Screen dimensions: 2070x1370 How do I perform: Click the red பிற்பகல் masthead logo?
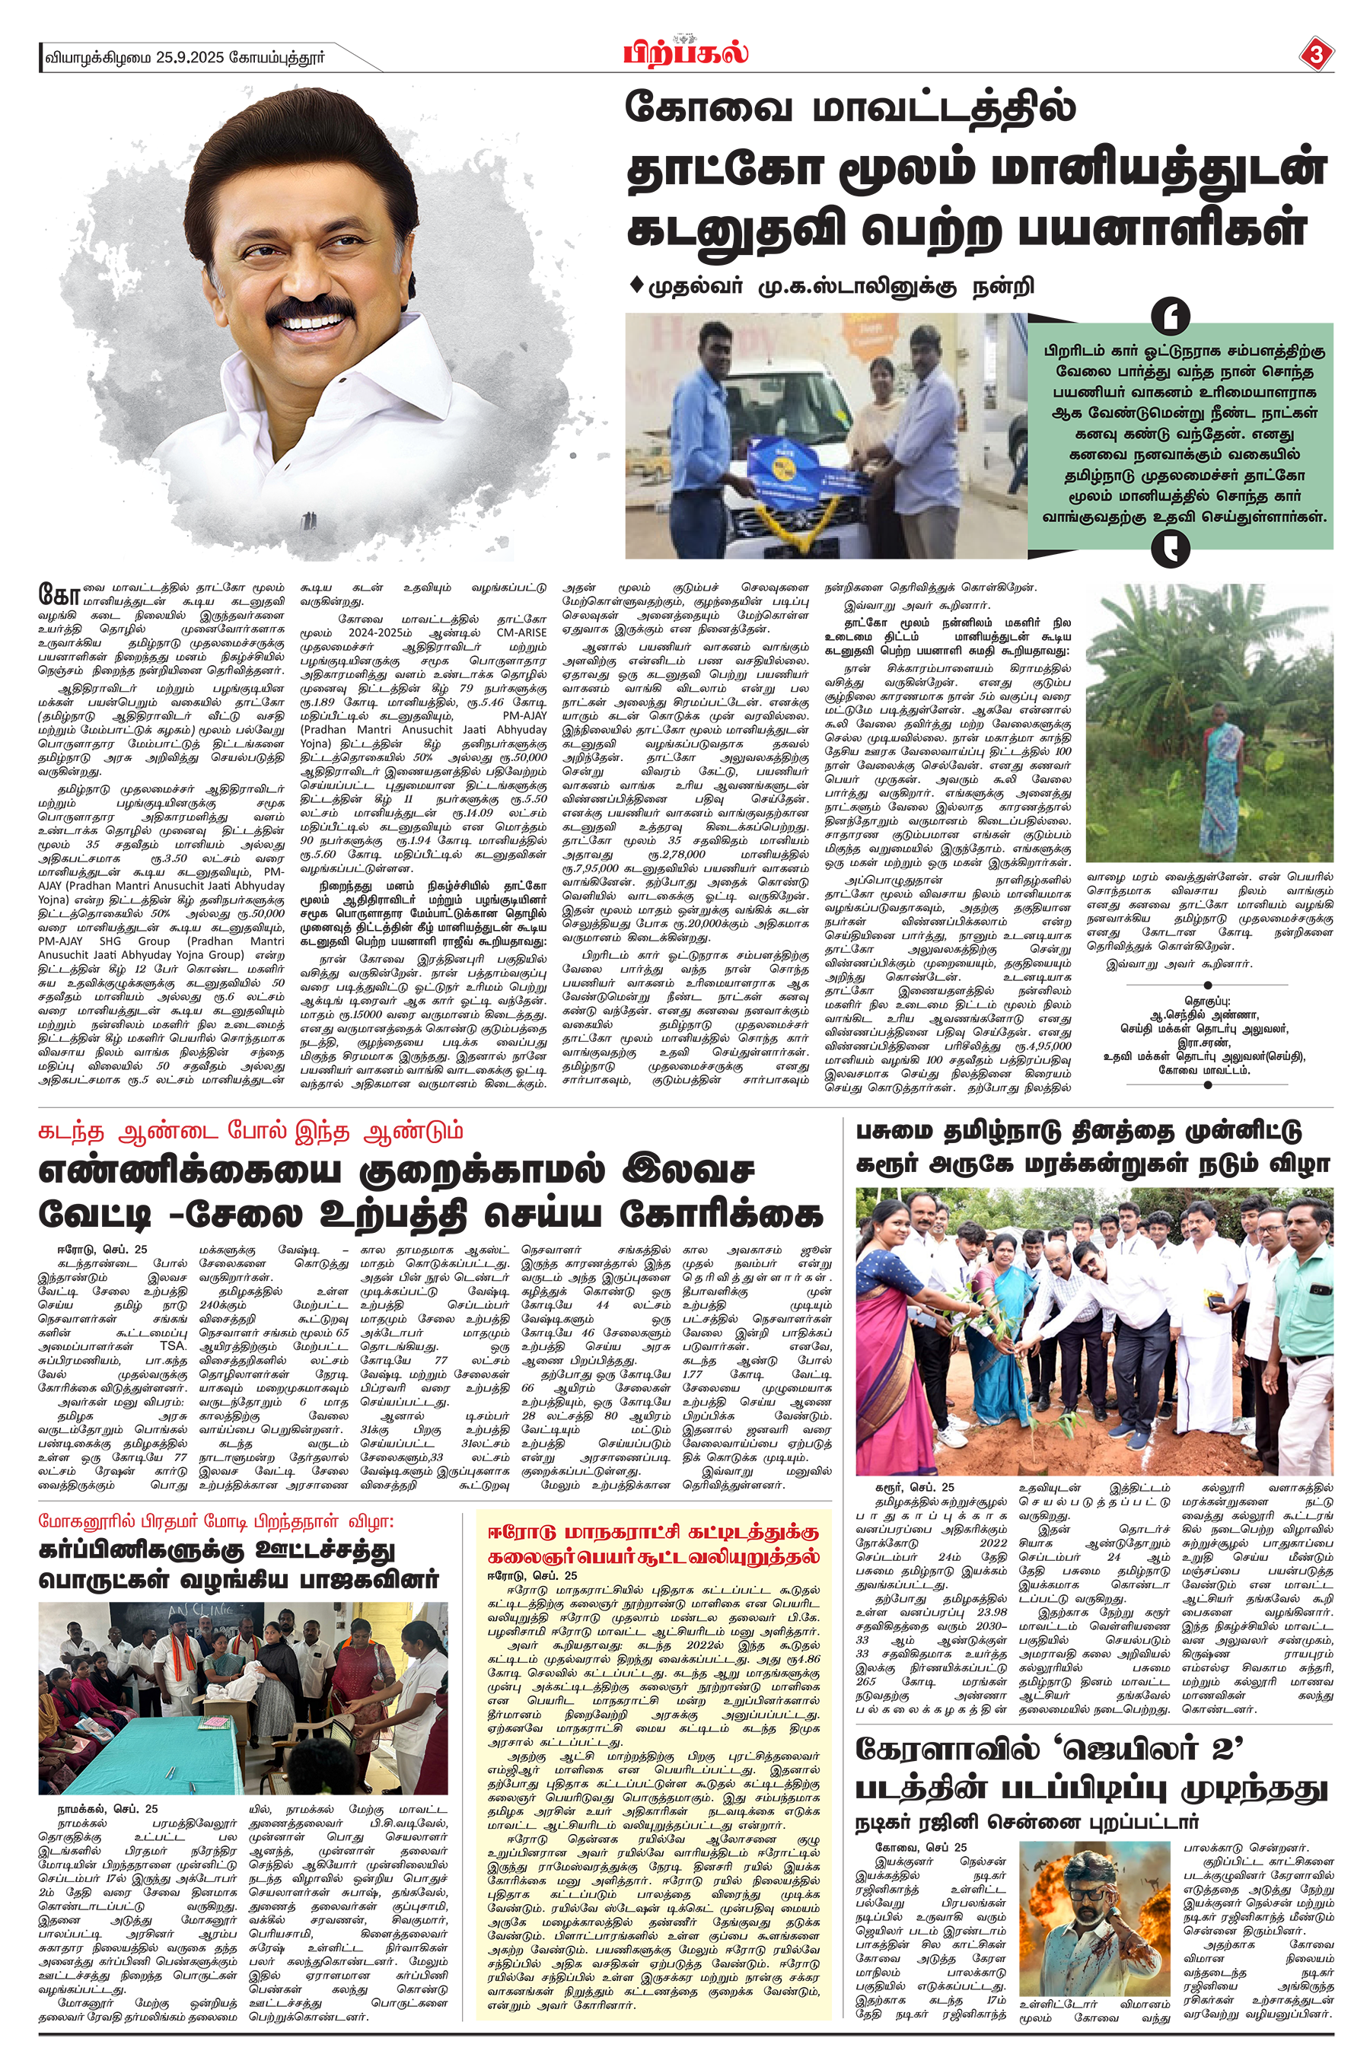685,54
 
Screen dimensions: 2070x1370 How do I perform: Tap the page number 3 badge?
1316,55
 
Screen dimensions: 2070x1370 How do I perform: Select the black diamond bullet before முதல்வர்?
636,285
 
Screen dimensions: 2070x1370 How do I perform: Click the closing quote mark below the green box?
1170,549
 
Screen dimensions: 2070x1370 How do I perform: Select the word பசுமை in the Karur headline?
901,1132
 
